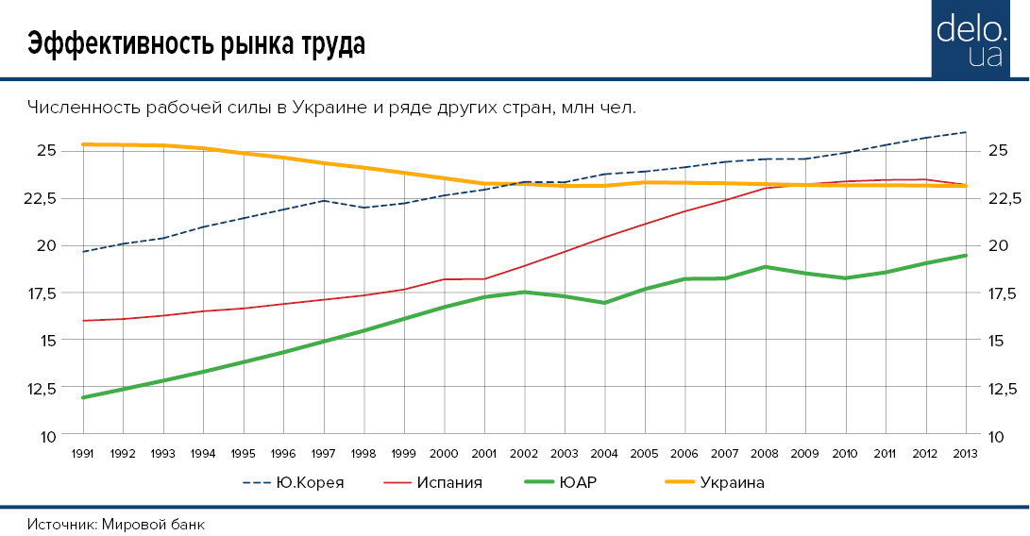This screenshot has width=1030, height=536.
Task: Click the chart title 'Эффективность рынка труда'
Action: point(195,44)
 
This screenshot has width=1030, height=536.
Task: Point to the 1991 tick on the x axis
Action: point(83,453)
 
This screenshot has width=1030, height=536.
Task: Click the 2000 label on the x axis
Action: point(444,453)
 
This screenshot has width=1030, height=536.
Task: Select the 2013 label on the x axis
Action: point(965,453)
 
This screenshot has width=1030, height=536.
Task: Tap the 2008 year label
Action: point(765,453)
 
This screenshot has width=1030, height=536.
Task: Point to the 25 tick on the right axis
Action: point(998,151)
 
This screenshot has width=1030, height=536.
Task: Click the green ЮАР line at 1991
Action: point(84,397)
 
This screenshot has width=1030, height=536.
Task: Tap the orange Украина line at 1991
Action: point(84,144)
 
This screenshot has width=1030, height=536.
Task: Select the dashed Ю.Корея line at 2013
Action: point(965,132)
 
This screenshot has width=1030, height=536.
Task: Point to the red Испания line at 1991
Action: point(84,321)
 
